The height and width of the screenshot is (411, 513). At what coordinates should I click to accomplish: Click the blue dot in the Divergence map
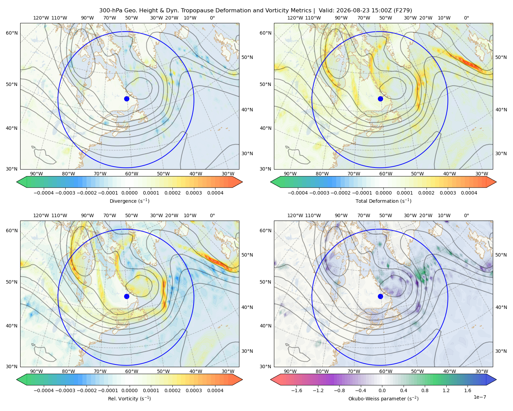(x=127, y=99)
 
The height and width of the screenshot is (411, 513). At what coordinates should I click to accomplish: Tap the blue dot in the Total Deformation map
(x=380, y=99)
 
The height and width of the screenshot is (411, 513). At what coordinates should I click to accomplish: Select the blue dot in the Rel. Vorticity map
(x=127, y=296)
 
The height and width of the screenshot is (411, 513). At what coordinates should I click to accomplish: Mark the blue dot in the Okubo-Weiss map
(x=380, y=296)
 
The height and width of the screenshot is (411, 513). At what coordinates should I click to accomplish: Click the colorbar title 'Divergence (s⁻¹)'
(x=129, y=201)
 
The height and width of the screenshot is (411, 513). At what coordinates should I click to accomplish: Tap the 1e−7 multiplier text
(x=479, y=397)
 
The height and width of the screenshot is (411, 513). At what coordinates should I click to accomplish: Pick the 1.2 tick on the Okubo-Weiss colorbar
(x=446, y=390)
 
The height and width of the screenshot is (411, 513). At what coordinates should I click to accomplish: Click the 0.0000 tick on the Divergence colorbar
(x=129, y=193)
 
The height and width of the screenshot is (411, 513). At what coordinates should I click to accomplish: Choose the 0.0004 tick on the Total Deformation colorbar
(x=469, y=193)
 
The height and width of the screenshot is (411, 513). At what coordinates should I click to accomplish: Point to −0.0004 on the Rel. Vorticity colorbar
(x=44, y=390)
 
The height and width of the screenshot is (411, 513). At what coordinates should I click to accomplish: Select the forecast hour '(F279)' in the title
(x=403, y=11)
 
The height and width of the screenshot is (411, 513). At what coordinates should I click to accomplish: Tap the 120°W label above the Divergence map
(x=41, y=18)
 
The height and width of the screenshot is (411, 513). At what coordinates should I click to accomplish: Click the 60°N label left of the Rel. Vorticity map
(x=12, y=231)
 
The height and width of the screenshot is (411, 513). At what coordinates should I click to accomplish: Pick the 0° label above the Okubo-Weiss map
(x=466, y=215)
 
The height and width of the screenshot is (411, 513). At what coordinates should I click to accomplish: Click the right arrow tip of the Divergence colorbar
(x=242, y=182)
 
